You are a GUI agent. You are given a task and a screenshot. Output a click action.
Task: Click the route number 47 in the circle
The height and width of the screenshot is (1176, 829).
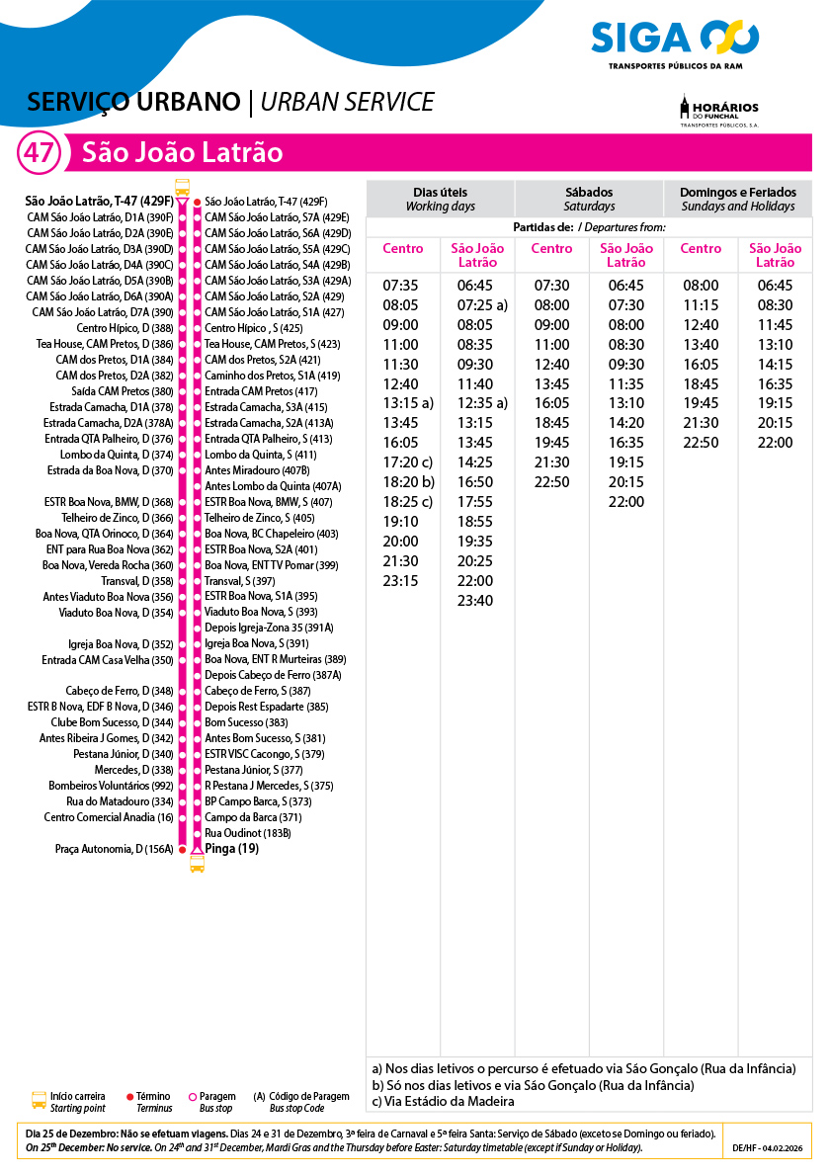40,153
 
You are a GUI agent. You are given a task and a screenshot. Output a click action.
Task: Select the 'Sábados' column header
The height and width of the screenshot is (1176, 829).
589,199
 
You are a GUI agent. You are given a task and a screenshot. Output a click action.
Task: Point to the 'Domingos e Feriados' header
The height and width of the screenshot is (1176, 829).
737,199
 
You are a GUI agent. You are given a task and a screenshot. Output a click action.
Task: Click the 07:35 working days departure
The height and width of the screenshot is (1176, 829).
400,286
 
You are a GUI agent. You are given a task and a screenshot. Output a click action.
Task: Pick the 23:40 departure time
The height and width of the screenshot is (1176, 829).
475,601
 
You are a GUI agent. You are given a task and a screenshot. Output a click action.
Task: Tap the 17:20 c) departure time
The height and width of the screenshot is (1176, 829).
408,462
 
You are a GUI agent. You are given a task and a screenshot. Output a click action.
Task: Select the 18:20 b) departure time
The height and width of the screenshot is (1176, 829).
408,482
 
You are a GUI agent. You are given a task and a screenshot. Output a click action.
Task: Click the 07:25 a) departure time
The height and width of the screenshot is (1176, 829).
482,305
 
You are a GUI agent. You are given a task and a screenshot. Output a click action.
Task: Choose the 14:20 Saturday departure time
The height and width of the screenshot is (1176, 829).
625,423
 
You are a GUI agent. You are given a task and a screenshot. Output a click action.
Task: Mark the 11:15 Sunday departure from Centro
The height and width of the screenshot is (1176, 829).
701,305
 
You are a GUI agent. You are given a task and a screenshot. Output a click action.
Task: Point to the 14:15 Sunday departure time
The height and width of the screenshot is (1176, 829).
775,364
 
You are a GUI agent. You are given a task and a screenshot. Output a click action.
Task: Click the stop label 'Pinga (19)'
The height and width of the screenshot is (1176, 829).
231,848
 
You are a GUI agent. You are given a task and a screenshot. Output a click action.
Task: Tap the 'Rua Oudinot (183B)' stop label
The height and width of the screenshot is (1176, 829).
247,833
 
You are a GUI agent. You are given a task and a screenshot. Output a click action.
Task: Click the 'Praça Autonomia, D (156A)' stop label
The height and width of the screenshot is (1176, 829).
114,849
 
